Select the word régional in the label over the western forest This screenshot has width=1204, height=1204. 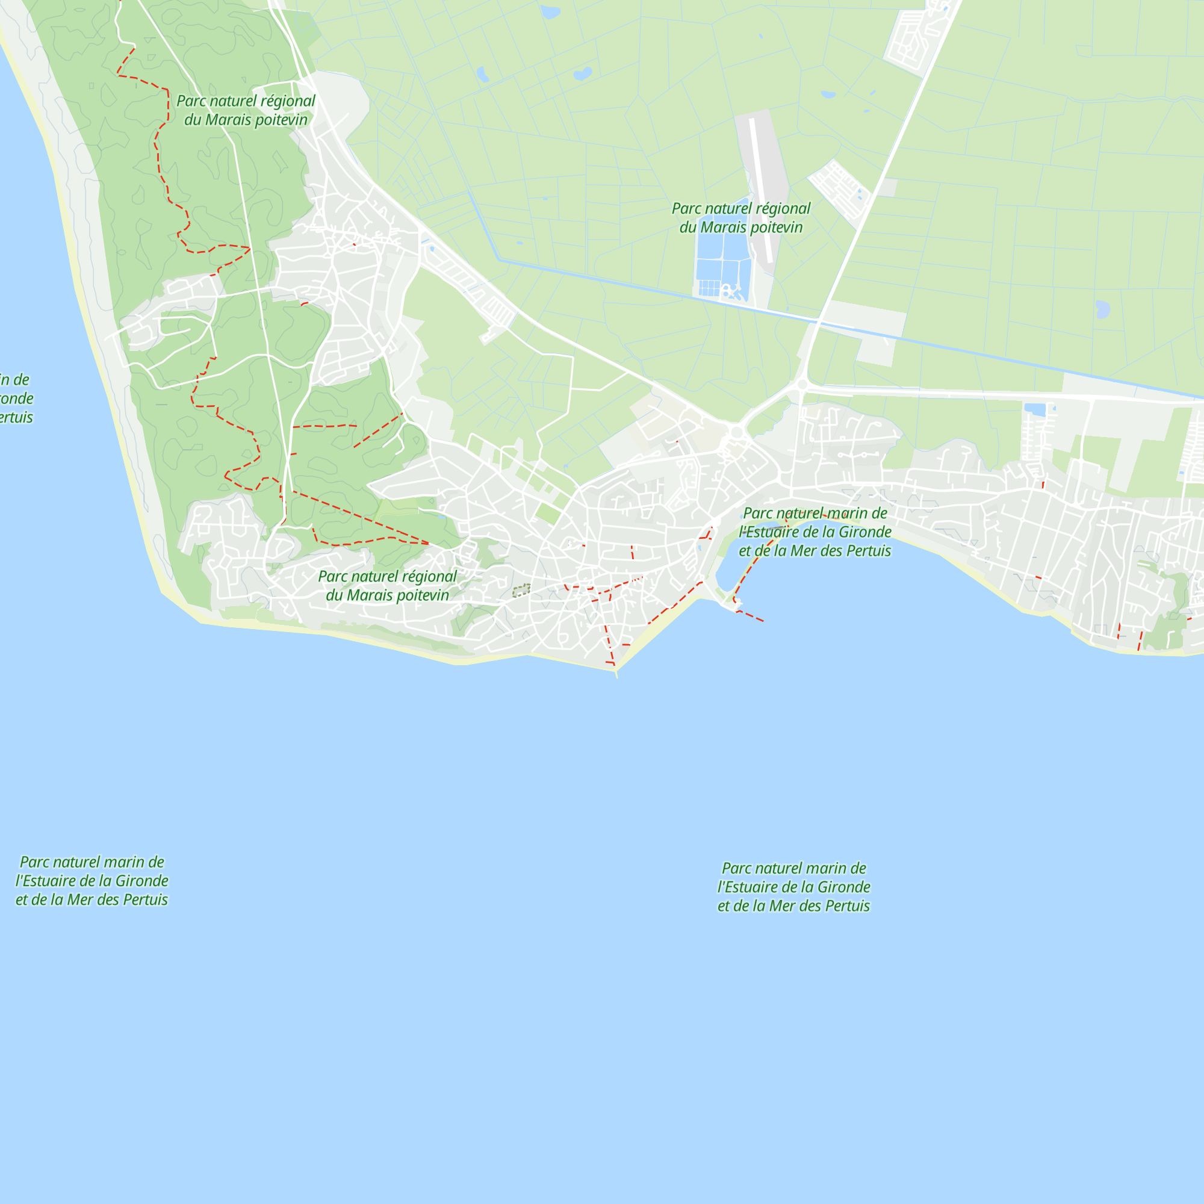pos(288,101)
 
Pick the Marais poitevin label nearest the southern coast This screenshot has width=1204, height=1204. pos(387,586)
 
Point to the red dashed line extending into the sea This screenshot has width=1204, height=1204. pos(750,616)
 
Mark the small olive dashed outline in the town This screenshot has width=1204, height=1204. pos(521,590)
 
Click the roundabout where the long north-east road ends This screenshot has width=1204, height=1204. pos(802,385)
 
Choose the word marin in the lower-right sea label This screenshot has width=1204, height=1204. pos(823,868)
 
